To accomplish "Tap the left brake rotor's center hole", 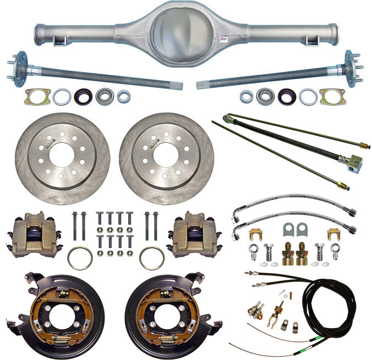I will coord(62,151).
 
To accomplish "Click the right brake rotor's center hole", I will coord(166,151).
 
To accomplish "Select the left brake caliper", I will coord(34,233).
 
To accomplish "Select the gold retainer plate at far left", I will coord(37,97).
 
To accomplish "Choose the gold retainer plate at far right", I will coord(332,97).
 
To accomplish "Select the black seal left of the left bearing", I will coord(84,97).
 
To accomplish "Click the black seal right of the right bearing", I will coord(287,97).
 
